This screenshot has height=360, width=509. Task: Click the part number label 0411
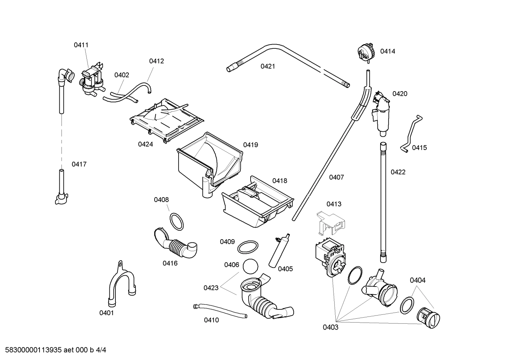81,45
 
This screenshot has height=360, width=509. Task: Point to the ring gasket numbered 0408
177,221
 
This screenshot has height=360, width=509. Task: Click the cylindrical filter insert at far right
428,318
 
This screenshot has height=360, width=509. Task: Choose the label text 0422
398,172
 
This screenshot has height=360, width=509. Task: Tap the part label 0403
330,327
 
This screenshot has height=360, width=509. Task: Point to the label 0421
268,66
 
